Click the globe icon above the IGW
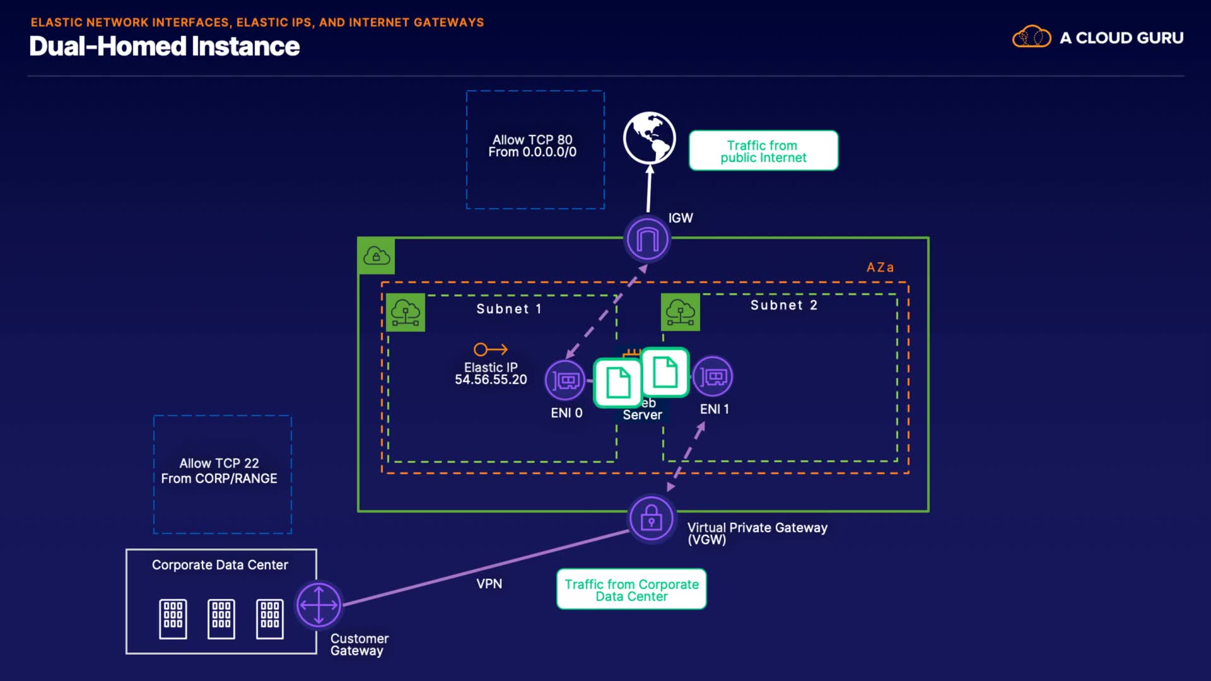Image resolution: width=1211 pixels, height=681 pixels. click(649, 137)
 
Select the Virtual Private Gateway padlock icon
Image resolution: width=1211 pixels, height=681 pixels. click(651, 519)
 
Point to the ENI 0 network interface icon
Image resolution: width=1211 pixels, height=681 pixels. click(565, 380)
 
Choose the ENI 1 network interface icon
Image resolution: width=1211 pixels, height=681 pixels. click(713, 377)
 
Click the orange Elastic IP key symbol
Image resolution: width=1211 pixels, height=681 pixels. click(490, 349)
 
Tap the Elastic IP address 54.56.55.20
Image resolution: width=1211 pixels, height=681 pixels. click(491, 380)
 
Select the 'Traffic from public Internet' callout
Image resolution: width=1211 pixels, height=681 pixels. click(763, 151)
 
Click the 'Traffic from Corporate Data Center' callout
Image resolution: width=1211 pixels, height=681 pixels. click(631, 590)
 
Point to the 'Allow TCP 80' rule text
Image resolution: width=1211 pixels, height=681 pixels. click(532, 140)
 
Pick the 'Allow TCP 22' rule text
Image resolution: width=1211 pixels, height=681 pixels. click(219, 463)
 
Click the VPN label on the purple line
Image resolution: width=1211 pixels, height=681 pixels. click(489, 584)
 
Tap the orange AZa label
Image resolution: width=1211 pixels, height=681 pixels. click(880, 267)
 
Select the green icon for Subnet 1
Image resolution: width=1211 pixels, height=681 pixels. click(405, 313)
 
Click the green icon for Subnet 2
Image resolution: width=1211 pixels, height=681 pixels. click(680, 312)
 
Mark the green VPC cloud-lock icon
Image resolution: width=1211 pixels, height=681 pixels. click(377, 256)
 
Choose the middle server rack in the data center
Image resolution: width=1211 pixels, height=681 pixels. click(221, 619)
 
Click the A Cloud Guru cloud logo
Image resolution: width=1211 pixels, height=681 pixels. click(1031, 38)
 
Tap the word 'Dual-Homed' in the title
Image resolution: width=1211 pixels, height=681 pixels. click(108, 47)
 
